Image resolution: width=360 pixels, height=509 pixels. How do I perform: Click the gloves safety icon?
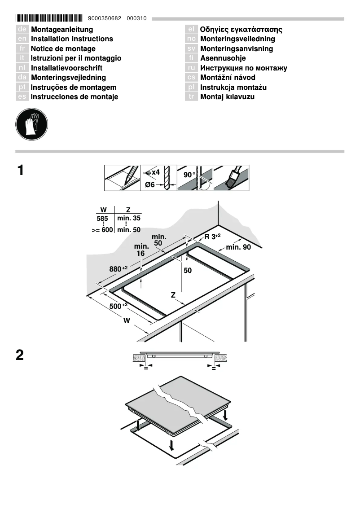pos(31,123)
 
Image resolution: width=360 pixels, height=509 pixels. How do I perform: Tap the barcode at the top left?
pos(49,18)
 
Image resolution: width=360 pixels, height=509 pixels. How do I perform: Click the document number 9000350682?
pos(105,19)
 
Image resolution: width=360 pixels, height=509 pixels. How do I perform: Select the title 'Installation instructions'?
pos(72,39)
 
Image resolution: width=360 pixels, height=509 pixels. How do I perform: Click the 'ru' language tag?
pos(191,68)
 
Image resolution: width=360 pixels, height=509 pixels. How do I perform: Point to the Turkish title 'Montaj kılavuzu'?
pos(227,97)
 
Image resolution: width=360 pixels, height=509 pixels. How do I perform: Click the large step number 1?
pos(20,171)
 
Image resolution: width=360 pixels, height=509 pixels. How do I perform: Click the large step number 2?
pos(20,355)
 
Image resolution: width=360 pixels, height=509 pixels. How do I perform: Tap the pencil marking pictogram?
pos(123,178)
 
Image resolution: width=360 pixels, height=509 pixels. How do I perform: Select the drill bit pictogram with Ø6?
pos(158,178)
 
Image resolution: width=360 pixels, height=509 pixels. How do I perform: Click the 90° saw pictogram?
pos(195,178)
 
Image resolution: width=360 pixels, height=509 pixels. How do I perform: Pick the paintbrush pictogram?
pos(231,178)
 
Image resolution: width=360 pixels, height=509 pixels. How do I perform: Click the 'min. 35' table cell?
pos(129,218)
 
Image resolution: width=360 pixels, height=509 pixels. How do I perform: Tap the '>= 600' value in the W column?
pos(102,230)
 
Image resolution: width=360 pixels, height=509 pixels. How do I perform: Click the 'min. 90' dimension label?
pos(238,247)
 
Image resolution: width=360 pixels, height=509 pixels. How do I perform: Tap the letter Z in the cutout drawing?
pos(173,295)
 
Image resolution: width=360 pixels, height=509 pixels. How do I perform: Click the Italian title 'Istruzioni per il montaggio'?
pos(76,58)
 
